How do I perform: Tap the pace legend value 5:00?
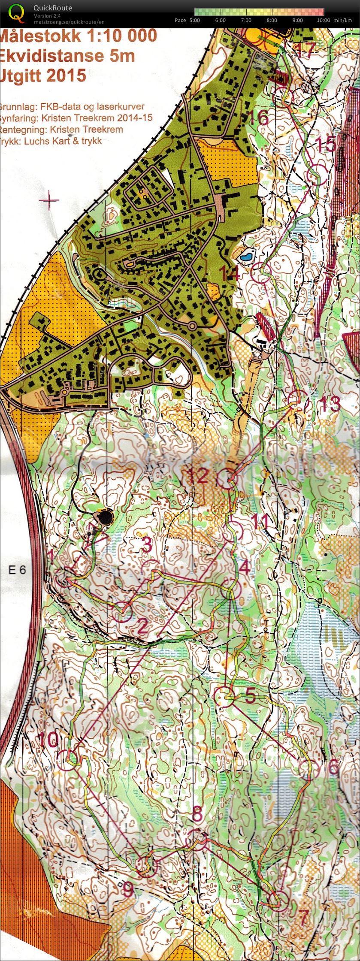(x=194, y=20)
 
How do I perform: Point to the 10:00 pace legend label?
(x=323, y=20)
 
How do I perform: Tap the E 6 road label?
(x=17, y=570)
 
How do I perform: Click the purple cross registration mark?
(x=50, y=200)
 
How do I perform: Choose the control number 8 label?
(x=197, y=812)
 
